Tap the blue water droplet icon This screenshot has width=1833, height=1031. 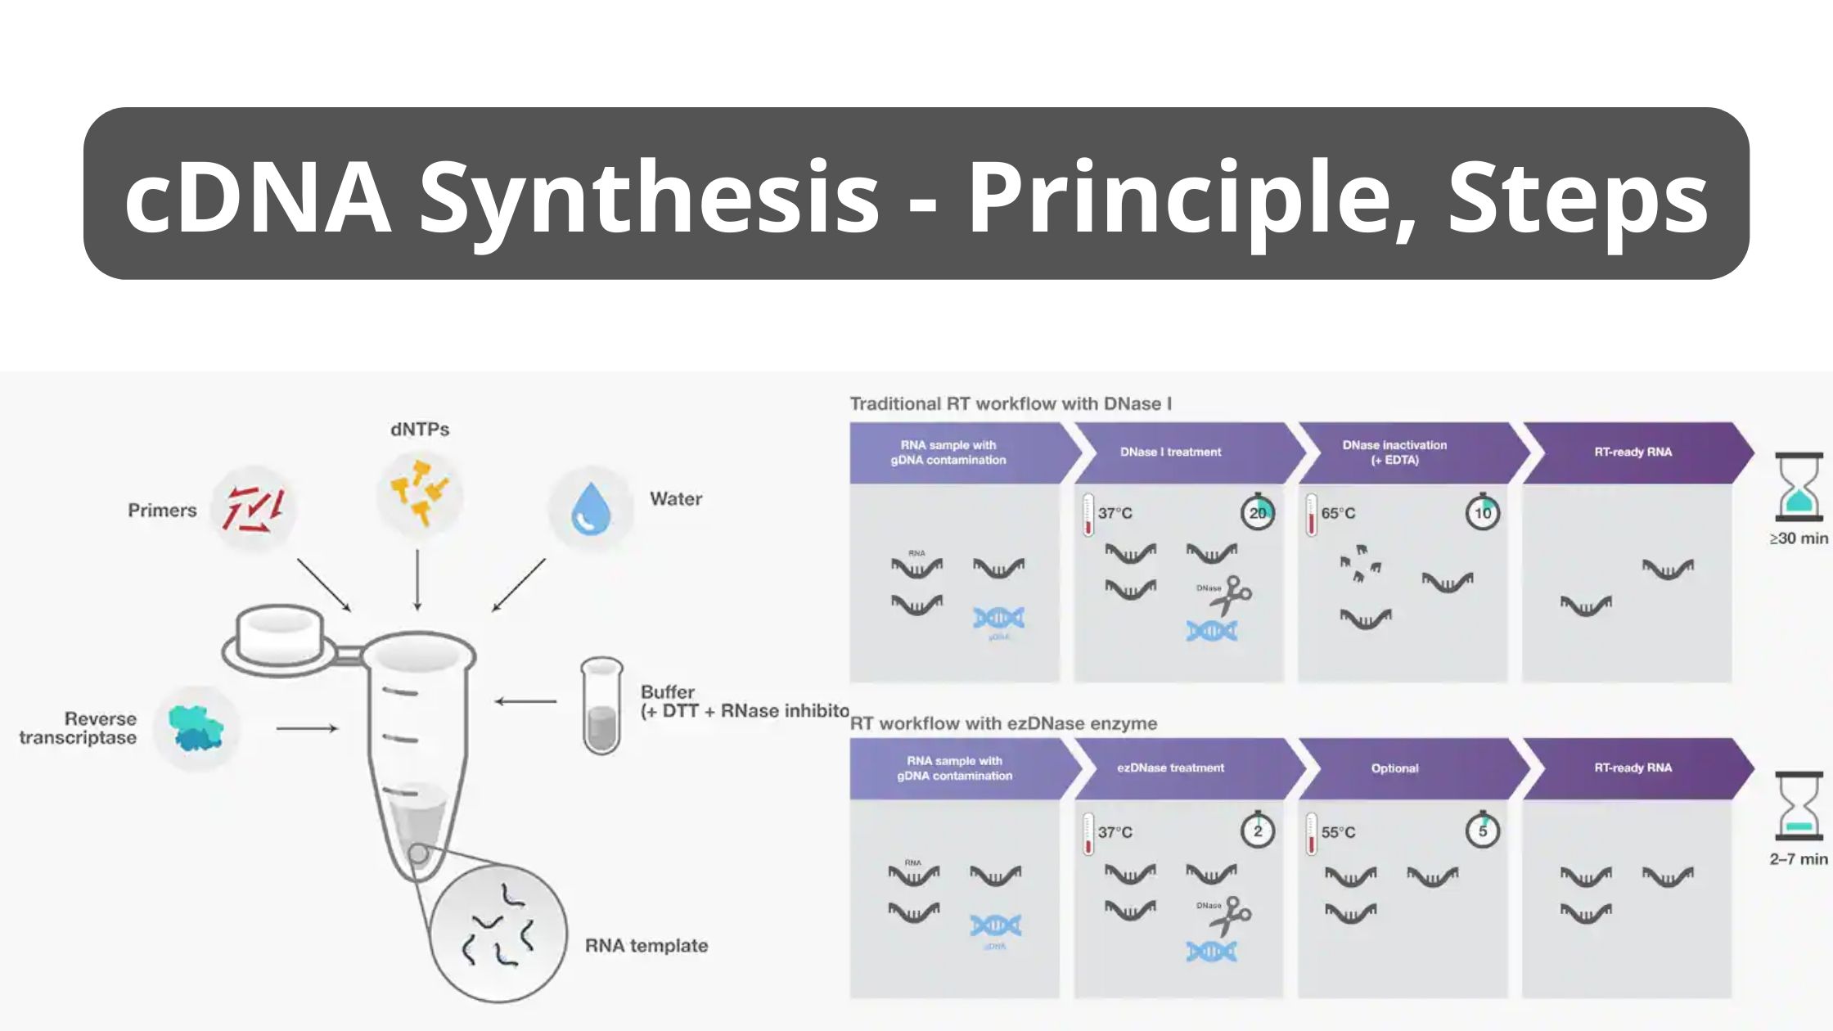tap(591, 508)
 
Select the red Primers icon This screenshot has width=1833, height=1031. tap(254, 509)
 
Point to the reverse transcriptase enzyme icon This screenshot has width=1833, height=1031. tap(196, 728)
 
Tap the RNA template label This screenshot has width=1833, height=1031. tap(646, 946)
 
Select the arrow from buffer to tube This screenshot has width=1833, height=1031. tap(526, 701)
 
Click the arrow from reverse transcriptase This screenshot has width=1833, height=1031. tap(307, 728)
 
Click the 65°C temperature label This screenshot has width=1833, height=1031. tap(1338, 514)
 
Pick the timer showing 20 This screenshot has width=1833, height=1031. tap(1258, 513)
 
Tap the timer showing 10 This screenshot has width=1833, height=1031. tap(1483, 513)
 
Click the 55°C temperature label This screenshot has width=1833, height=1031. tap(1338, 833)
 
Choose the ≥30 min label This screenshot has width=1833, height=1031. tap(1799, 538)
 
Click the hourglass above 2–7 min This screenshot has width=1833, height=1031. tap(1799, 806)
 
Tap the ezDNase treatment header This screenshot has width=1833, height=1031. tap(1170, 768)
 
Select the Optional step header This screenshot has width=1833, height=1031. tap(1394, 768)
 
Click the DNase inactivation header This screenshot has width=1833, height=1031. tap(1394, 452)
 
